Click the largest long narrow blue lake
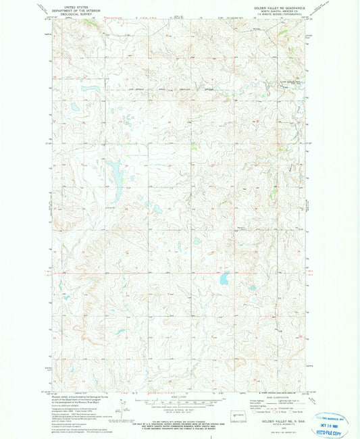[114, 174]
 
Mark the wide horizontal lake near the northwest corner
[91, 88]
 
